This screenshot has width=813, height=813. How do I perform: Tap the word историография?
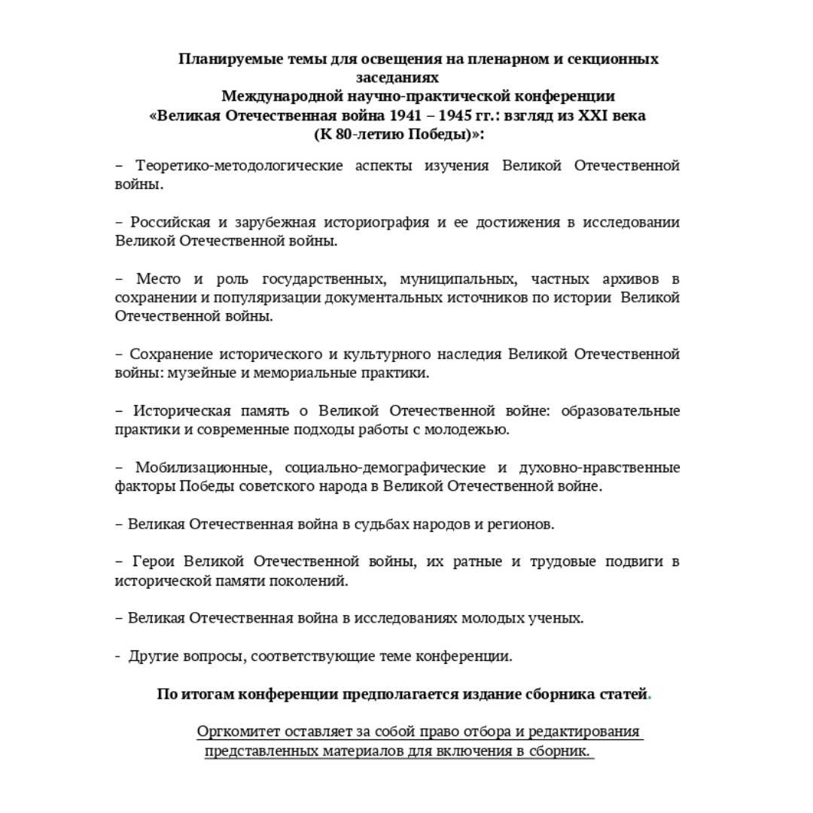[x=376, y=222]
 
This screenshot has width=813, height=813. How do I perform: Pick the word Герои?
[x=153, y=562]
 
